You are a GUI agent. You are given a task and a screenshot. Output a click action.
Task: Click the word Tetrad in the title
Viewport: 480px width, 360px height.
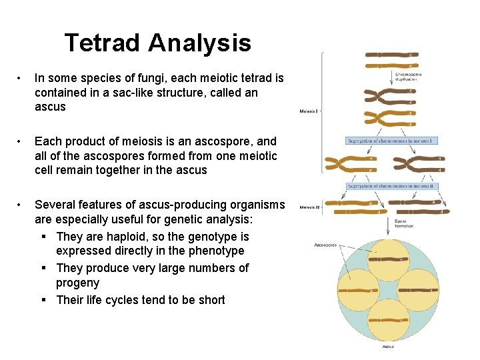click(103, 43)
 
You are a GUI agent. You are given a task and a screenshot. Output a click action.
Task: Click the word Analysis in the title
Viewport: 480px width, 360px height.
click(200, 43)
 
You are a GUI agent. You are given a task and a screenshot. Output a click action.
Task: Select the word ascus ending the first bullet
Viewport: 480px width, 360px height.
click(51, 107)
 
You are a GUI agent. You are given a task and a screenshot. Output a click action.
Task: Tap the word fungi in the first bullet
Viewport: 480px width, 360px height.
click(158, 78)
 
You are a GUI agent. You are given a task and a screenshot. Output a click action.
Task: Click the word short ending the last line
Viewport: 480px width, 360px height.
click(210, 299)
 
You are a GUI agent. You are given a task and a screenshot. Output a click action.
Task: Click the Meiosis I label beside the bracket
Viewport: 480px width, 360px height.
click(309, 111)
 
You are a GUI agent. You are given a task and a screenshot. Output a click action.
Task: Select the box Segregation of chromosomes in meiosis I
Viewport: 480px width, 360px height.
click(391, 141)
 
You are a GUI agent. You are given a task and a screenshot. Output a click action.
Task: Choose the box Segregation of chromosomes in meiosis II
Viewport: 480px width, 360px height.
click(391, 186)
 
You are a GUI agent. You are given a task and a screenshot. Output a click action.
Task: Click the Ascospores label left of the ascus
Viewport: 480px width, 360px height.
click(326, 245)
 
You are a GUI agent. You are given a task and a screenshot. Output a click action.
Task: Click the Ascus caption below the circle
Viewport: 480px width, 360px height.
click(387, 347)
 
